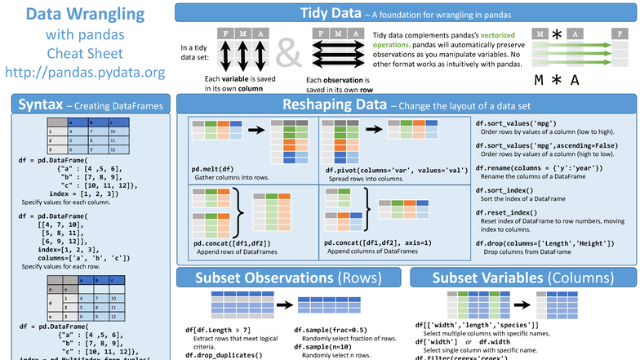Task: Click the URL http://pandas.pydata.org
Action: (x=85, y=72)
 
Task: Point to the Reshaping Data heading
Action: (x=334, y=104)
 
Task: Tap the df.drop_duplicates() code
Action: (x=224, y=355)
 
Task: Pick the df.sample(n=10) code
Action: (x=310, y=347)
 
